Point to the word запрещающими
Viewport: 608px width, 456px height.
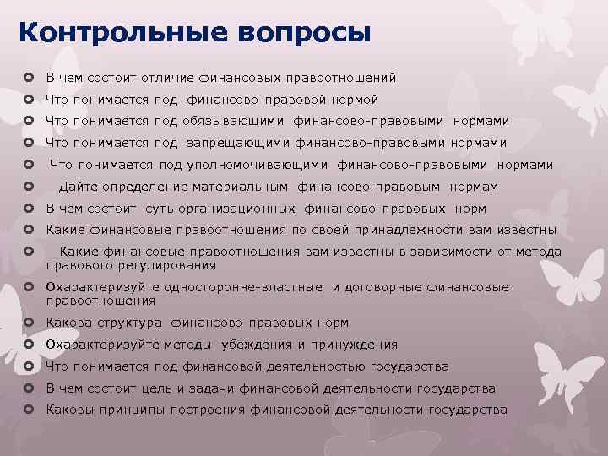tap(229, 143)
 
